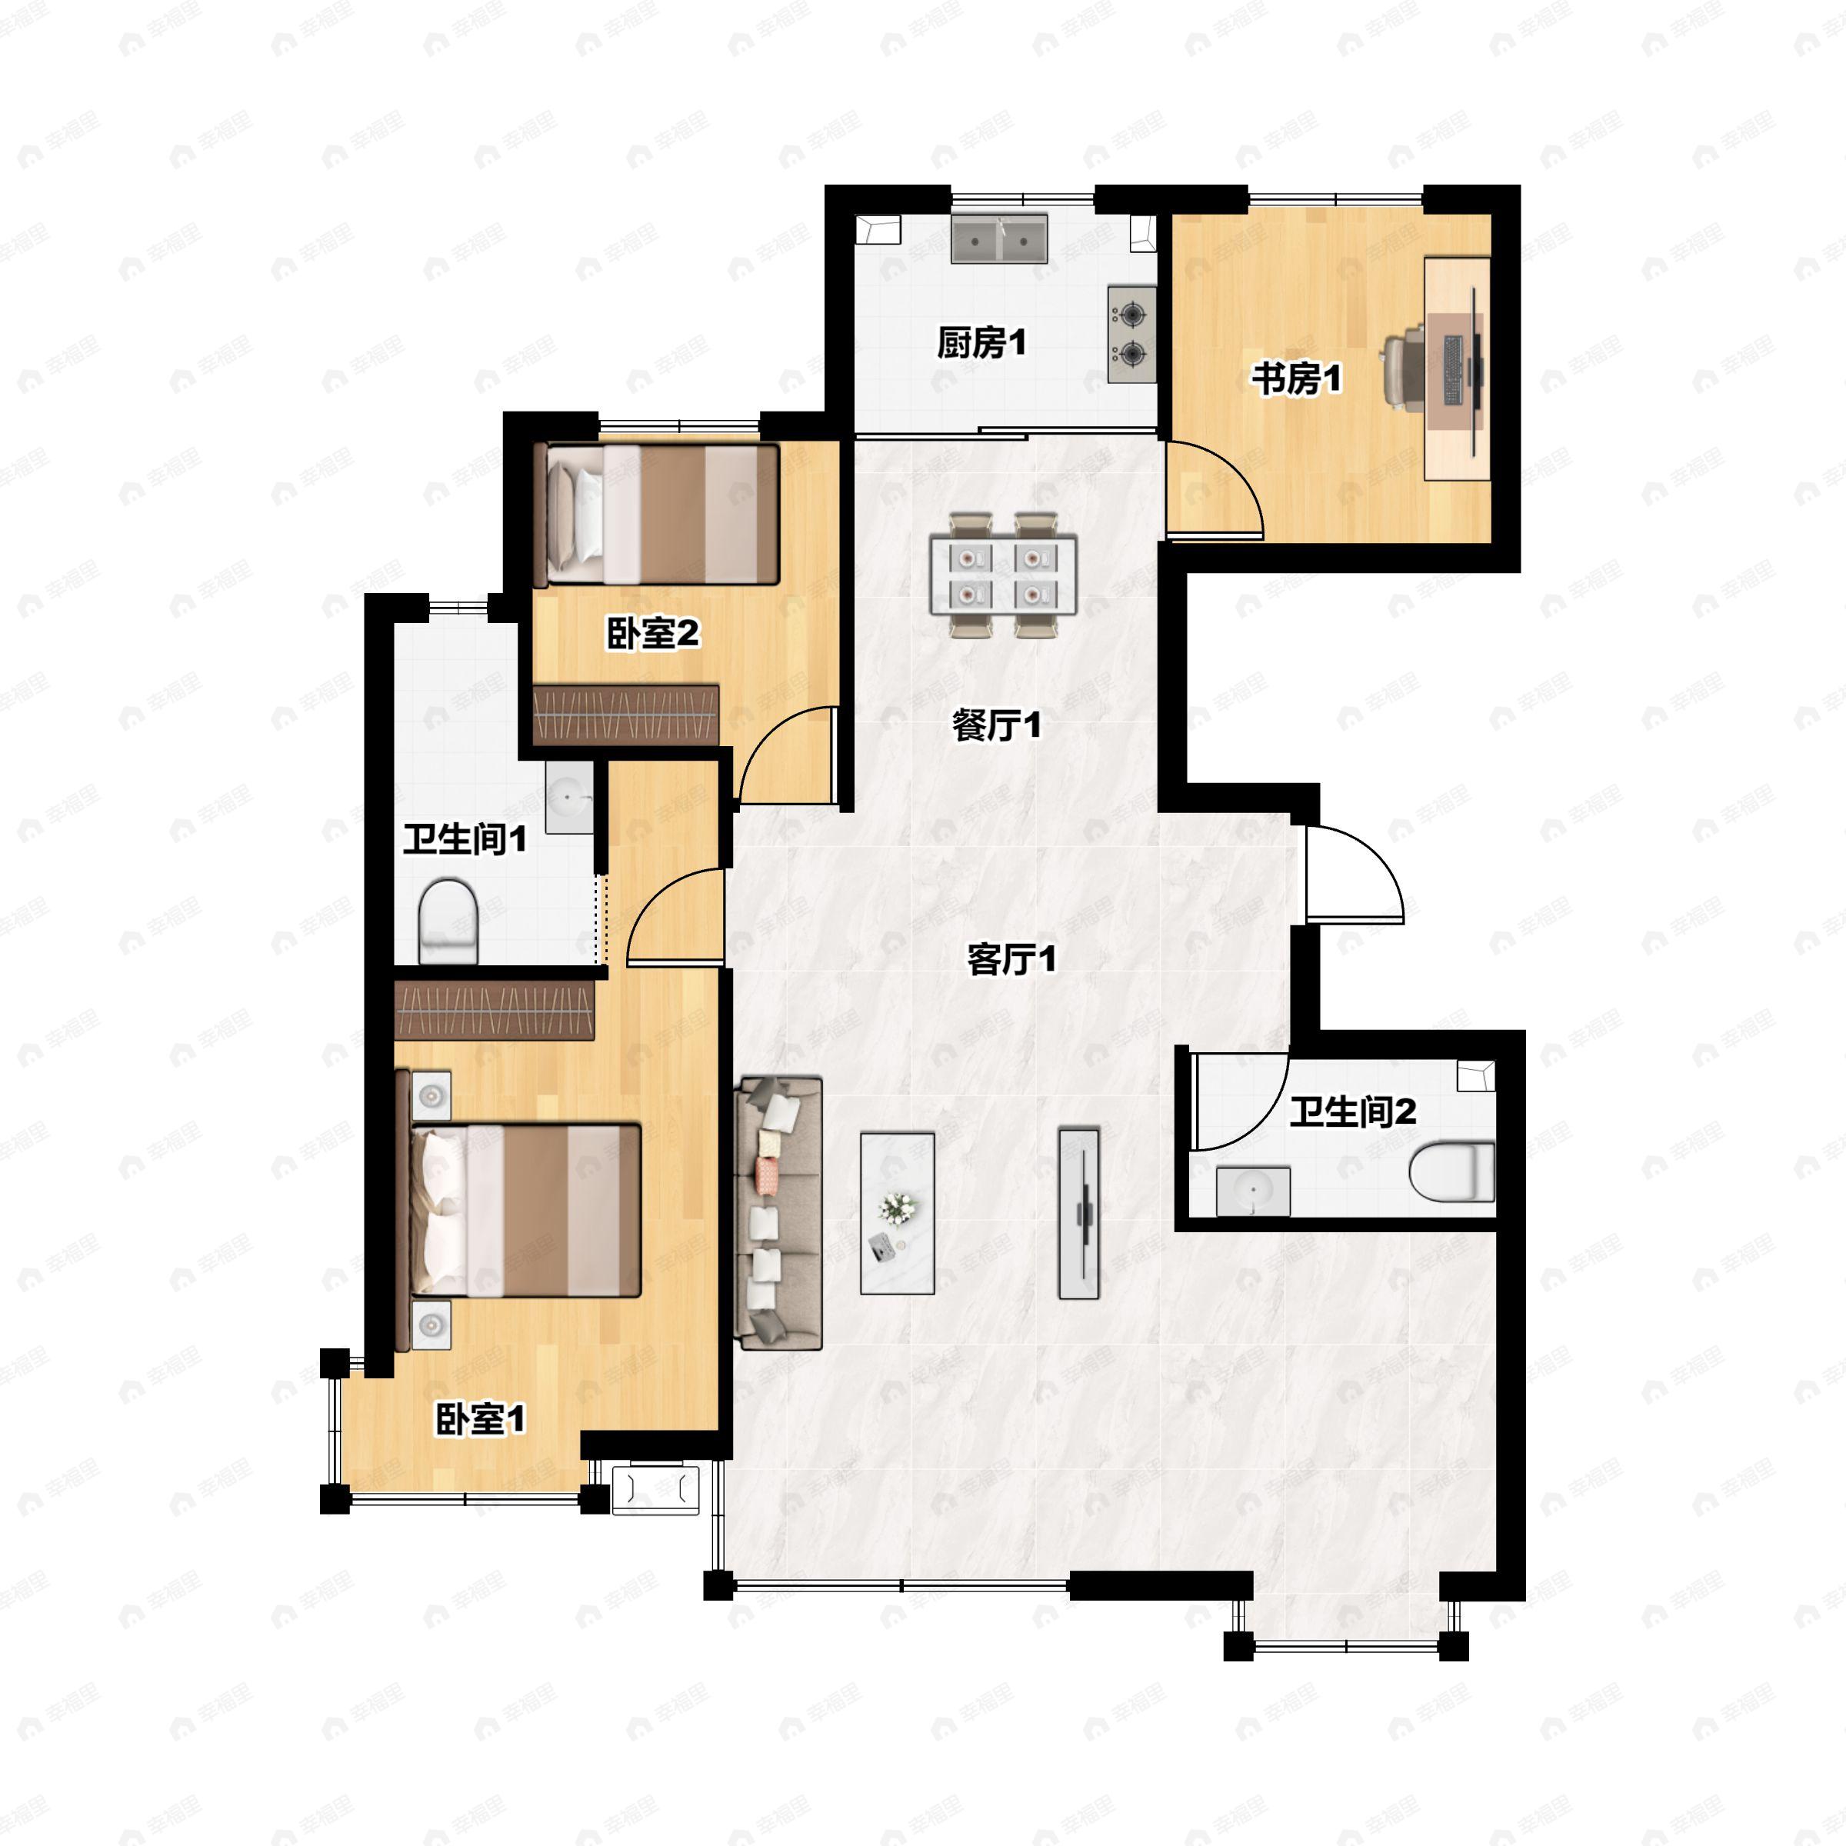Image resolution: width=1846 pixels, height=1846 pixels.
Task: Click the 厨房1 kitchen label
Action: point(981,342)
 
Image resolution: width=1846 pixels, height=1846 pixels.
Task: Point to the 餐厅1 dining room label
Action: point(995,725)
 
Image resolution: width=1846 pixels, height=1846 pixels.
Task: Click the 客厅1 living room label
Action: point(1011,958)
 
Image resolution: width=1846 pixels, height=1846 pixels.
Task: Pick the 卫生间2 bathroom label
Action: point(1352,1112)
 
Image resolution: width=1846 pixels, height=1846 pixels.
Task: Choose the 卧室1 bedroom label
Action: point(480,1419)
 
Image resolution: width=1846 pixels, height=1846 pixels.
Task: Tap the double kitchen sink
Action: point(999,239)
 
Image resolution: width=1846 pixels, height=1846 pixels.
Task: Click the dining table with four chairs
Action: point(1003,575)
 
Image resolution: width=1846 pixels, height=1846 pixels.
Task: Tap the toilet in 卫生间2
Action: point(1451,1171)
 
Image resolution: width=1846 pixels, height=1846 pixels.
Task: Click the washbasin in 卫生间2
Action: point(1253,1191)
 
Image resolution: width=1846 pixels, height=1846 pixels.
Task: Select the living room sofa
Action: point(778,1212)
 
